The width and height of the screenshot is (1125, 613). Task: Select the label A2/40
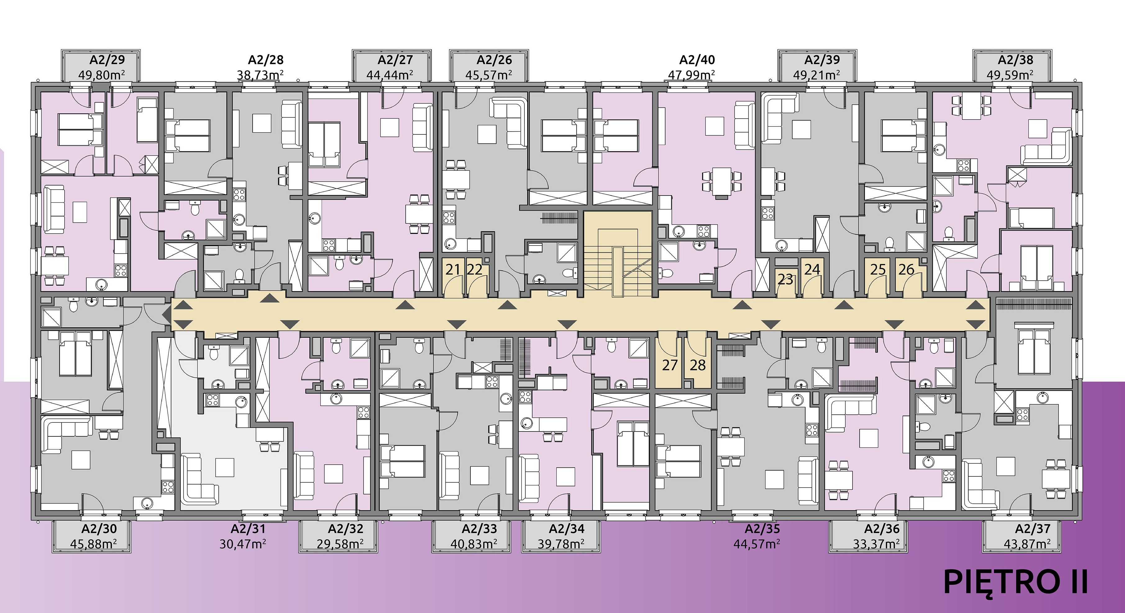point(697,60)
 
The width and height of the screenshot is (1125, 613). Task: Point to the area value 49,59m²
point(1010,74)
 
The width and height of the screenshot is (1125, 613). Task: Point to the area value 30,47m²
point(243,543)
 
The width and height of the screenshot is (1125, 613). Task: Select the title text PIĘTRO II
point(1015,582)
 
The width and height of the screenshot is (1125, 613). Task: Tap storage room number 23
point(785,279)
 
